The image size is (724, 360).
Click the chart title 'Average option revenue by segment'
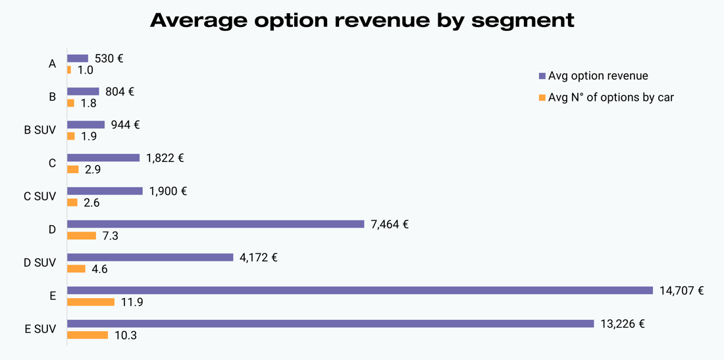pyautogui.click(x=362, y=20)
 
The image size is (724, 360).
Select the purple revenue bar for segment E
pyautogui.click(x=359, y=290)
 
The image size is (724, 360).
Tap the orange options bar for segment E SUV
pyautogui.click(x=88, y=335)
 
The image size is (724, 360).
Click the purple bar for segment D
pyautogui.click(x=215, y=224)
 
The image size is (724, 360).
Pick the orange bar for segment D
pyautogui.click(x=82, y=236)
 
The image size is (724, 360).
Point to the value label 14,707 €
pyautogui.click(x=681, y=290)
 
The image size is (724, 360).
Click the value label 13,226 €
pyautogui.click(x=622, y=323)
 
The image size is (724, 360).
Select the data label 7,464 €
pyautogui.click(x=390, y=224)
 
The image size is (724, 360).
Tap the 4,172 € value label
pyautogui.click(x=258, y=257)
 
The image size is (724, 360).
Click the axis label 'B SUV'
pyautogui.click(x=40, y=130)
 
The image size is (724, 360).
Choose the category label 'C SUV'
pyautogui.click(x=40, y=196)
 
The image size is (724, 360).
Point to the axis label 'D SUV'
pyautogui.click(x=40, y=263)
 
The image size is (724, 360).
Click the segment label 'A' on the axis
pyautogui.click(x=52, y=64)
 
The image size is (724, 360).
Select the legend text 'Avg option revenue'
pyautogui.click(x=598, y=76)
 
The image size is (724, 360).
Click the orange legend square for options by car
pyautogui.click(x=542, y=97)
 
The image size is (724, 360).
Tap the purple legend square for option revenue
pyautogui.click(x=542, y=76)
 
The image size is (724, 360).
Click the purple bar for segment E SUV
pyautogui.click(x=330, y=323)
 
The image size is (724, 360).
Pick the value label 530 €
pyautogui.click(x=109, y=59)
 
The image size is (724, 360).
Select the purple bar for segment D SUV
pyautogui.click(x=150, y=257)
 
